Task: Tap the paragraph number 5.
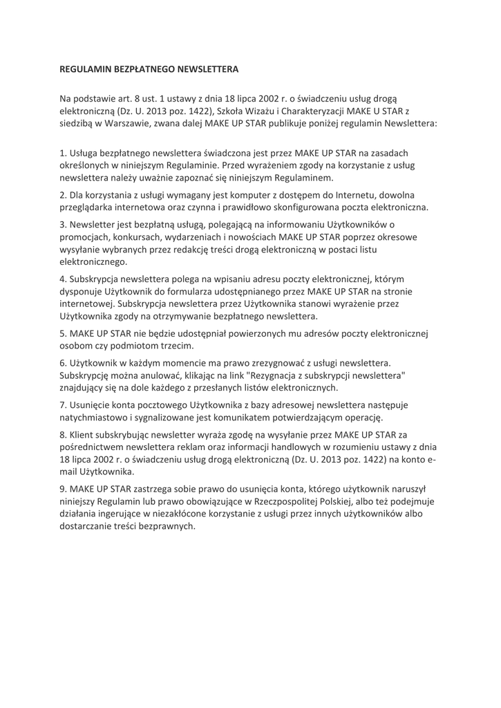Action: [63, 333]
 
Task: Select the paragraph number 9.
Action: [63, 488]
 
